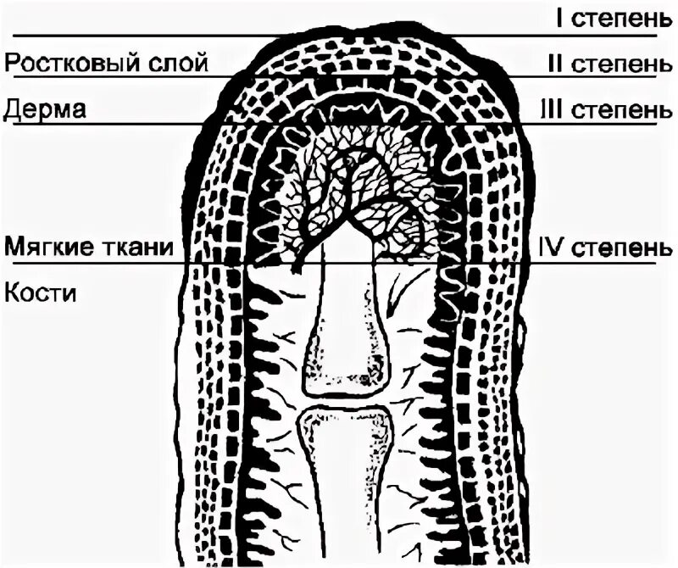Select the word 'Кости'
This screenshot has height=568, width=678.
pos(41,294)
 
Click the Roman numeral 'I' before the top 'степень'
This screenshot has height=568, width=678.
pos(560,19)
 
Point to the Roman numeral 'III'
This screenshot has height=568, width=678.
pos(550,110)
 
